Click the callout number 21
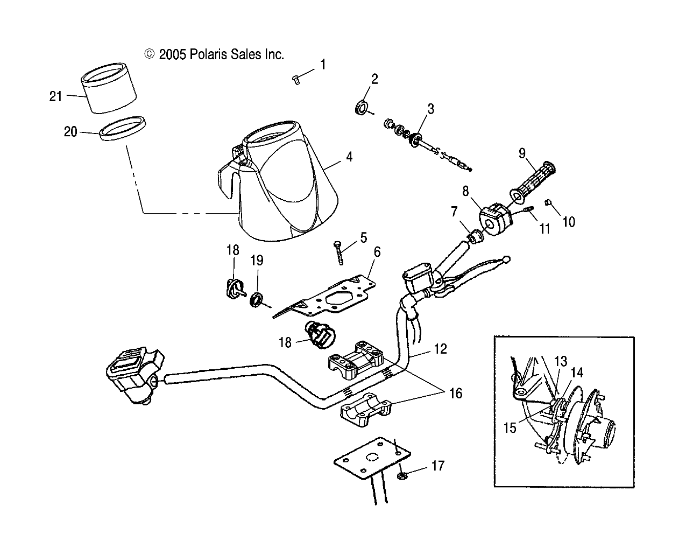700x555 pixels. (56, 96)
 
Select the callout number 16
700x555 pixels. (455, 394)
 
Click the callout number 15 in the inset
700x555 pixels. (510, 428)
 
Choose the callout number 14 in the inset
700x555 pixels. (576, 372)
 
